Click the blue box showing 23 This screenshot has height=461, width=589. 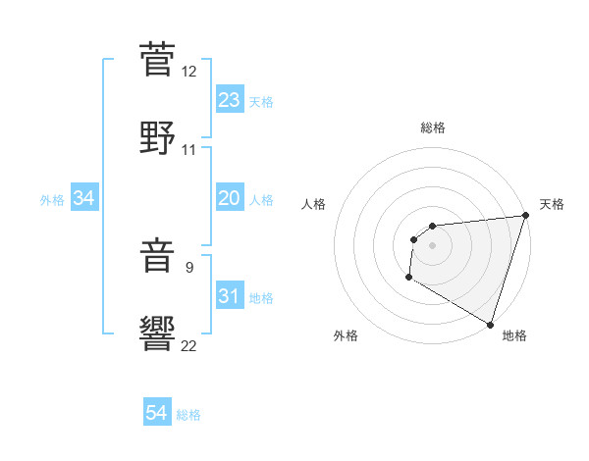click(230, 100)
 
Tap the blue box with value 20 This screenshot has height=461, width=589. click(230, 198)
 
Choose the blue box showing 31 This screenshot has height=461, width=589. click(230, 296)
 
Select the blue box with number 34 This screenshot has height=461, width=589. click(84, 198)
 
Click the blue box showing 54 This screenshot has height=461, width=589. click(157, 414)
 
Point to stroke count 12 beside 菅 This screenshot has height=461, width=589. click(189, 71)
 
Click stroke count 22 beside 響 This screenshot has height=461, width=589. click(189, 345)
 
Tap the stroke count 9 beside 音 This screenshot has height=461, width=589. click(189, 266)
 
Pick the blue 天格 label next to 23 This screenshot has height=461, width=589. click(261, 102)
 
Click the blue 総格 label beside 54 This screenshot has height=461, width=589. click(188, 415)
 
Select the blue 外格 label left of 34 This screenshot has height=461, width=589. click(52, 200)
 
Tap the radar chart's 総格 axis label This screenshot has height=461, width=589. click(433, 128)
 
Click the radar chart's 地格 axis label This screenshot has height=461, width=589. click(514, 335)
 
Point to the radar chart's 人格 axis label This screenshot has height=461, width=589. click(314, 204)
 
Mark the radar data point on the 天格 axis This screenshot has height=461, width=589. click(525, 216)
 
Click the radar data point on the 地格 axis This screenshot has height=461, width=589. click(490, 324)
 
